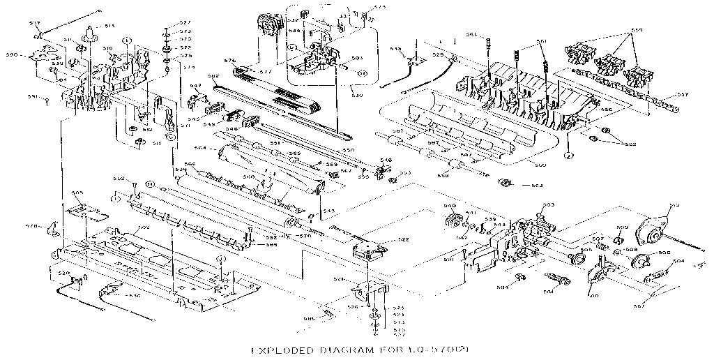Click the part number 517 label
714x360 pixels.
click(33, 24)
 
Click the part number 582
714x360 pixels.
click(192, 76)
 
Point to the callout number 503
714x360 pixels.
click(548, 204)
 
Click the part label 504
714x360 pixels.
click(678, 262)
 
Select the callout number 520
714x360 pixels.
click(64, 273)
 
